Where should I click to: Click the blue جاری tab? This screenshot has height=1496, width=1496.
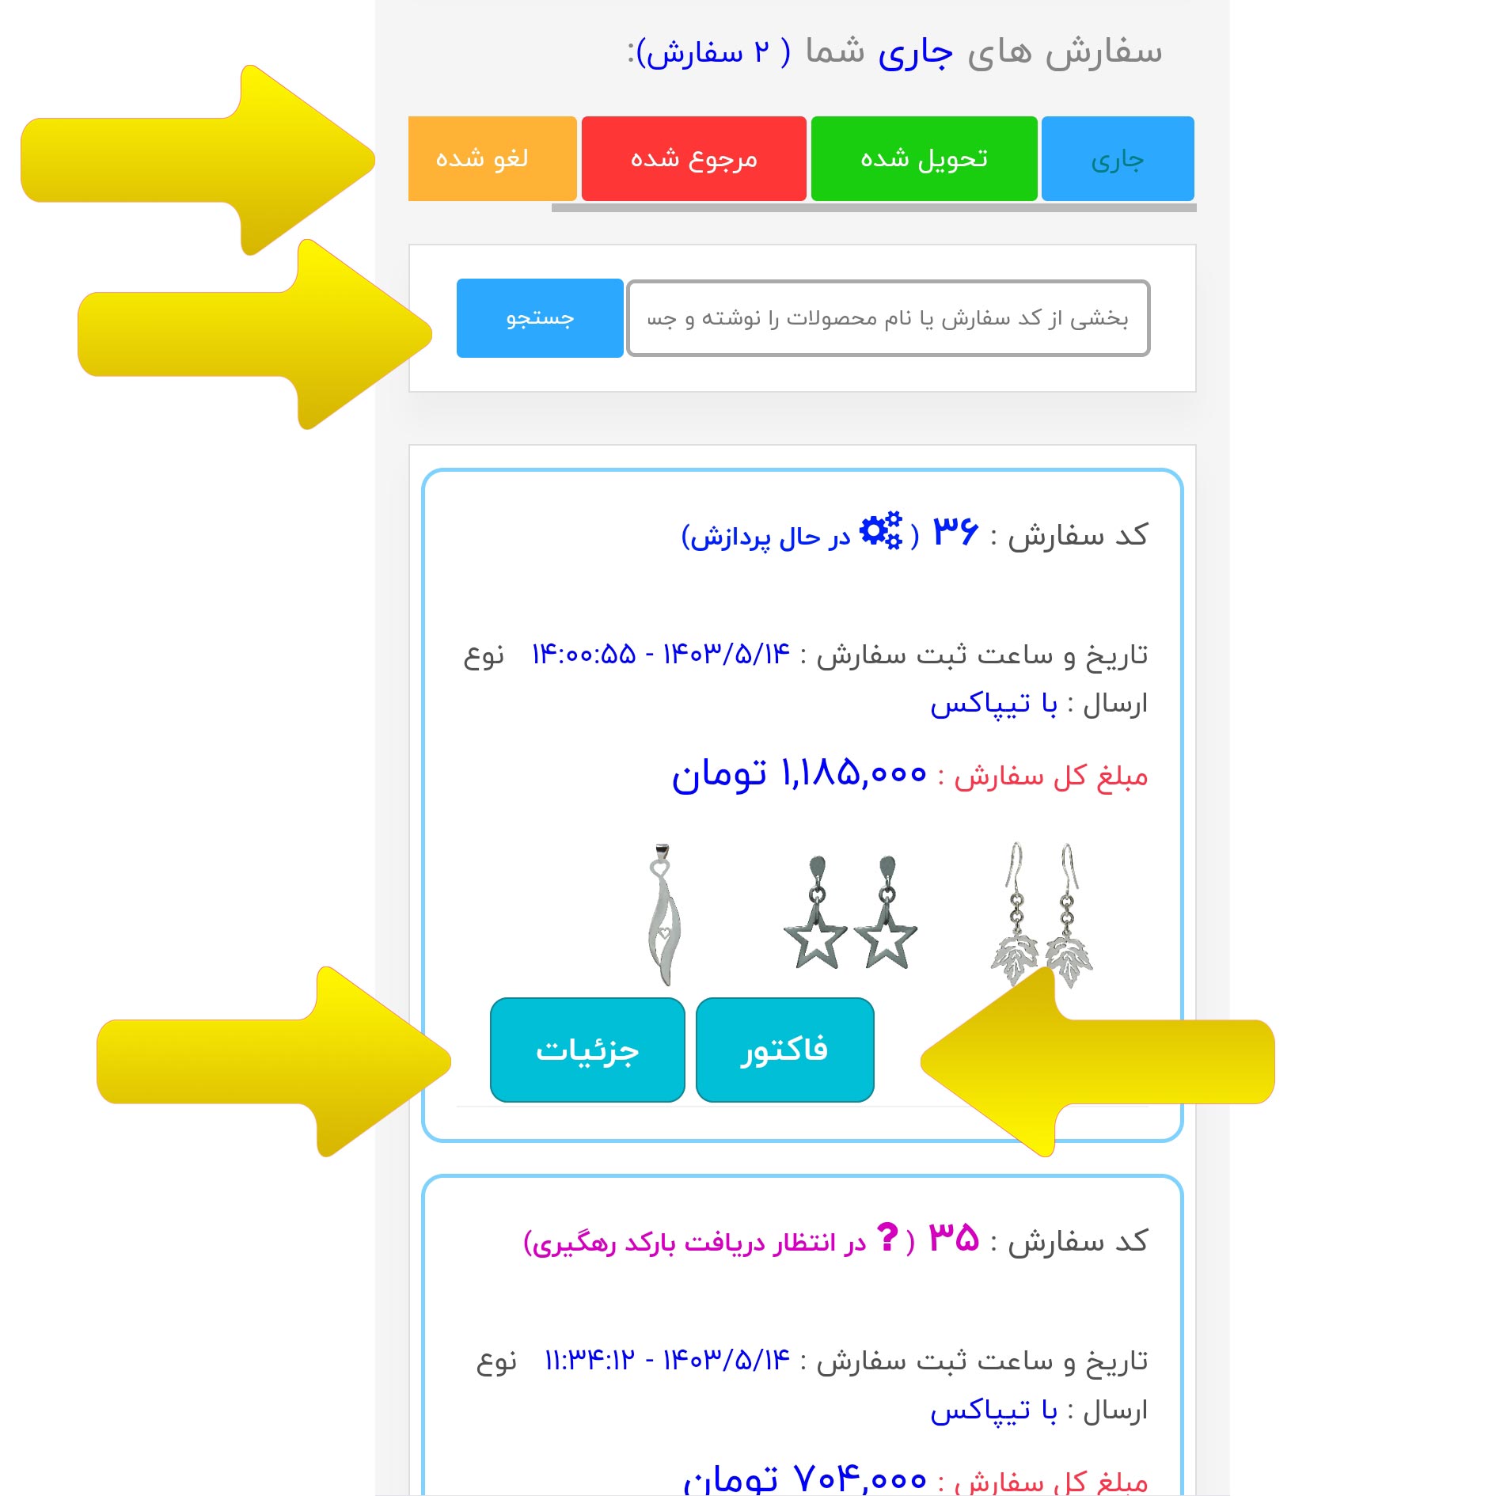[1118, 158]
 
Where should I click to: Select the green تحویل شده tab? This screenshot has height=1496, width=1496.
[924, 158]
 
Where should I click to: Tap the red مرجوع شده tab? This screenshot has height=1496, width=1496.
[694, 158]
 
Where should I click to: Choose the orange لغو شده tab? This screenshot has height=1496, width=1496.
[492, 158]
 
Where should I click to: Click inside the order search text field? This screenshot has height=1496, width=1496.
[888, 318]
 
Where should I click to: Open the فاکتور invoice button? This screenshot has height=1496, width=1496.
[785, 1050]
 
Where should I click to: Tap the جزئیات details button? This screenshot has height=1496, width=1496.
[587, 1050]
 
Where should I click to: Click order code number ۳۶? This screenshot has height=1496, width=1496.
[955, 531]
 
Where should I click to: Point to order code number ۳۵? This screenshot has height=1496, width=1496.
[954, 1237]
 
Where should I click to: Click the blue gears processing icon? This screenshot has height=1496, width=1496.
[881, 530]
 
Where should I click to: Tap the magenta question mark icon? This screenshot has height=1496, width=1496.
[888, 1236]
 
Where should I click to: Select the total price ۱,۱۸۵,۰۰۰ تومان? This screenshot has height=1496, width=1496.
[799, 773]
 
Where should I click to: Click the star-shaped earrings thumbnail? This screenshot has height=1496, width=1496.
[851, 912]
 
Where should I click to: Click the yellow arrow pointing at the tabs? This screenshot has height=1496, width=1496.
[198, 160]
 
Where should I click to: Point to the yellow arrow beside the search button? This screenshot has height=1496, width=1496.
[255, 334]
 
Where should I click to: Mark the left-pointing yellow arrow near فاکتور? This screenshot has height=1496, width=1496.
[1098, 1061]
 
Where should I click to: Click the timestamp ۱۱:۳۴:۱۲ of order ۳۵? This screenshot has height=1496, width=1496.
[590, 1361]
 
